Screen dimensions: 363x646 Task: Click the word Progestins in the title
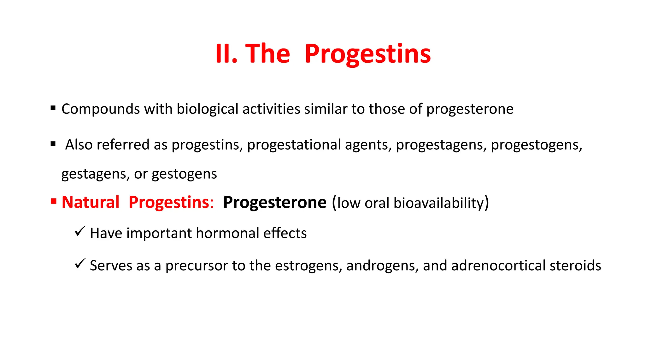tap(367, 54)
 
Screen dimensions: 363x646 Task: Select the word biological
tap(207, 109)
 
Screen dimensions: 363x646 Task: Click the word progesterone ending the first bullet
tap(470, 109)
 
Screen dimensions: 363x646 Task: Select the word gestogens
tap(184, 174)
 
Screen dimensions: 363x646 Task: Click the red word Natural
tap(91, 202)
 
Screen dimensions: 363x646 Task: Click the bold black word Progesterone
tap(274, 202)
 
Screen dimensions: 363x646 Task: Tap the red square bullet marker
tap(53, 201)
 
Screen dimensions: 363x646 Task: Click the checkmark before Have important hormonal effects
tap(80, 231)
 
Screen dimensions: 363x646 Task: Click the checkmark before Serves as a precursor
tap(80, 263)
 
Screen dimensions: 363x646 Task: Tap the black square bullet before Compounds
tap(53, 108)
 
